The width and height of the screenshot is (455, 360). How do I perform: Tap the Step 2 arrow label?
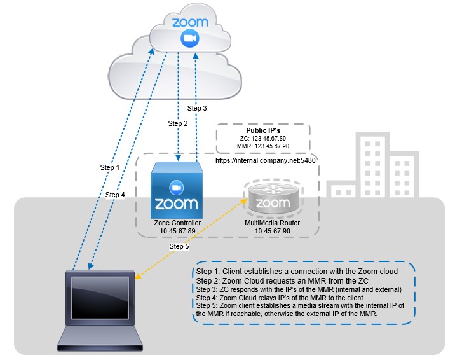[x=178, y=123]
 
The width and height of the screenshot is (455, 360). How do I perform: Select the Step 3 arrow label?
[x=197, y=108]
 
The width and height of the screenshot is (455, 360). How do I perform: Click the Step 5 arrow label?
[x=180, y=246]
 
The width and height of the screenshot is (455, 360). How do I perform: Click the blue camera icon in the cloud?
[x=189, y=39]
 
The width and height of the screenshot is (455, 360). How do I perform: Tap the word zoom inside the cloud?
[x=189, y=23]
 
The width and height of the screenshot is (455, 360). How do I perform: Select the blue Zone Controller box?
[x=176, y=191]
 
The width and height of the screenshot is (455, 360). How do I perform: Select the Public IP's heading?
[x=262, y=130]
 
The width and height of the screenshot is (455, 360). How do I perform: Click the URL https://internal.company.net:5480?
[x=266, y=161]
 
